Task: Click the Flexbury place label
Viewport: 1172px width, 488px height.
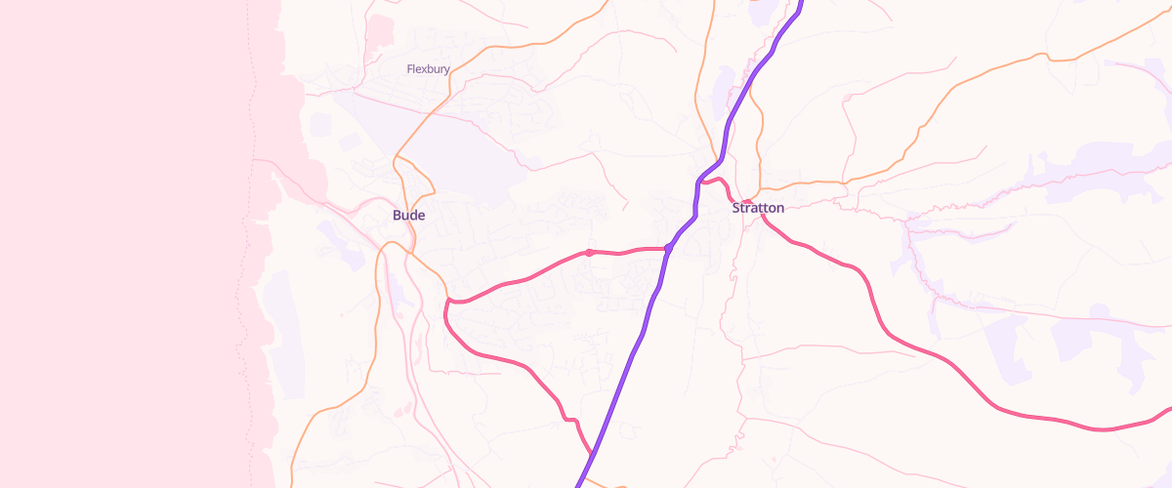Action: [428, 68]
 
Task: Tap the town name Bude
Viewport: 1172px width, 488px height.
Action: [408, 215]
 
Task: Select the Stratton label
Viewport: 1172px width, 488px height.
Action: [758, 208]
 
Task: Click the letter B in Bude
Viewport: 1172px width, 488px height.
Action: [397, 215]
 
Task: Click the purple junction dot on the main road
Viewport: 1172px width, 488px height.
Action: [669, 248]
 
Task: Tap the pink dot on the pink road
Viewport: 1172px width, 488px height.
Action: [590, 253]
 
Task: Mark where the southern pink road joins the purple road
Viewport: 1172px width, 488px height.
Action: [592, 454]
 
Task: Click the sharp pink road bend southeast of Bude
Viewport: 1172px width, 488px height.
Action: [447, 305]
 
